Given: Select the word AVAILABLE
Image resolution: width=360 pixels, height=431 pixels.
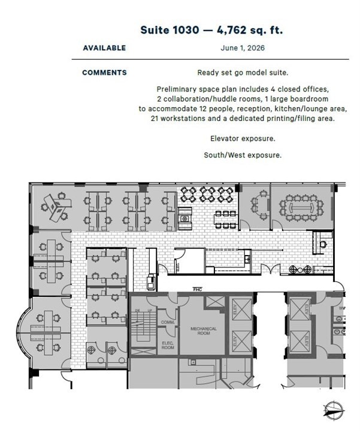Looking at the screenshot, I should point(104,48).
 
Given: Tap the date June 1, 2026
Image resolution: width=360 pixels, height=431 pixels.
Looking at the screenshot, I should point(242,48).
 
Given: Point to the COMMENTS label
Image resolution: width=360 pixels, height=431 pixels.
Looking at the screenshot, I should point(104,73).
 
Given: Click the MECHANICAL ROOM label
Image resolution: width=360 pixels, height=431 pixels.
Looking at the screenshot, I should point(203,331).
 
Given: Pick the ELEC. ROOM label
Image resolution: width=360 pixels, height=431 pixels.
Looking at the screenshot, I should point(168,345).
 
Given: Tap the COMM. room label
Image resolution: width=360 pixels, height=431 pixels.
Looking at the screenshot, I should point(167,323).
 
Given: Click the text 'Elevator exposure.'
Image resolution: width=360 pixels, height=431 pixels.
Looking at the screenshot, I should point(243,138).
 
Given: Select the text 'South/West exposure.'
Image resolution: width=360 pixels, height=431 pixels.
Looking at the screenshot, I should point(243,155).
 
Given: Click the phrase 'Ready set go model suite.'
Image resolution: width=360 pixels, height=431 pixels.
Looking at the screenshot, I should point(243,73).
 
